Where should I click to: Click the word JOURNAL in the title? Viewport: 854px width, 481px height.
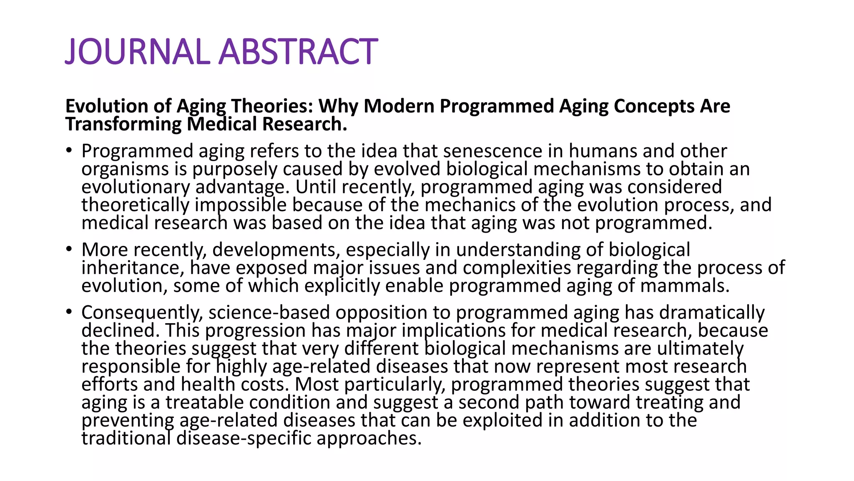click(x=138, y=52)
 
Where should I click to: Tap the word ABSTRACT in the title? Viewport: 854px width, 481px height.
click(x=299, y=52)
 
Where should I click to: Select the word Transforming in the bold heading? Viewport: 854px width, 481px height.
click(x=123, y=124)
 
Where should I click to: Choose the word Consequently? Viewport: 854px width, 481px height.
click(x=142, y=313)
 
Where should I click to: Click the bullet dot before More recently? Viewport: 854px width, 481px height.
click(x=69, y=250)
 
